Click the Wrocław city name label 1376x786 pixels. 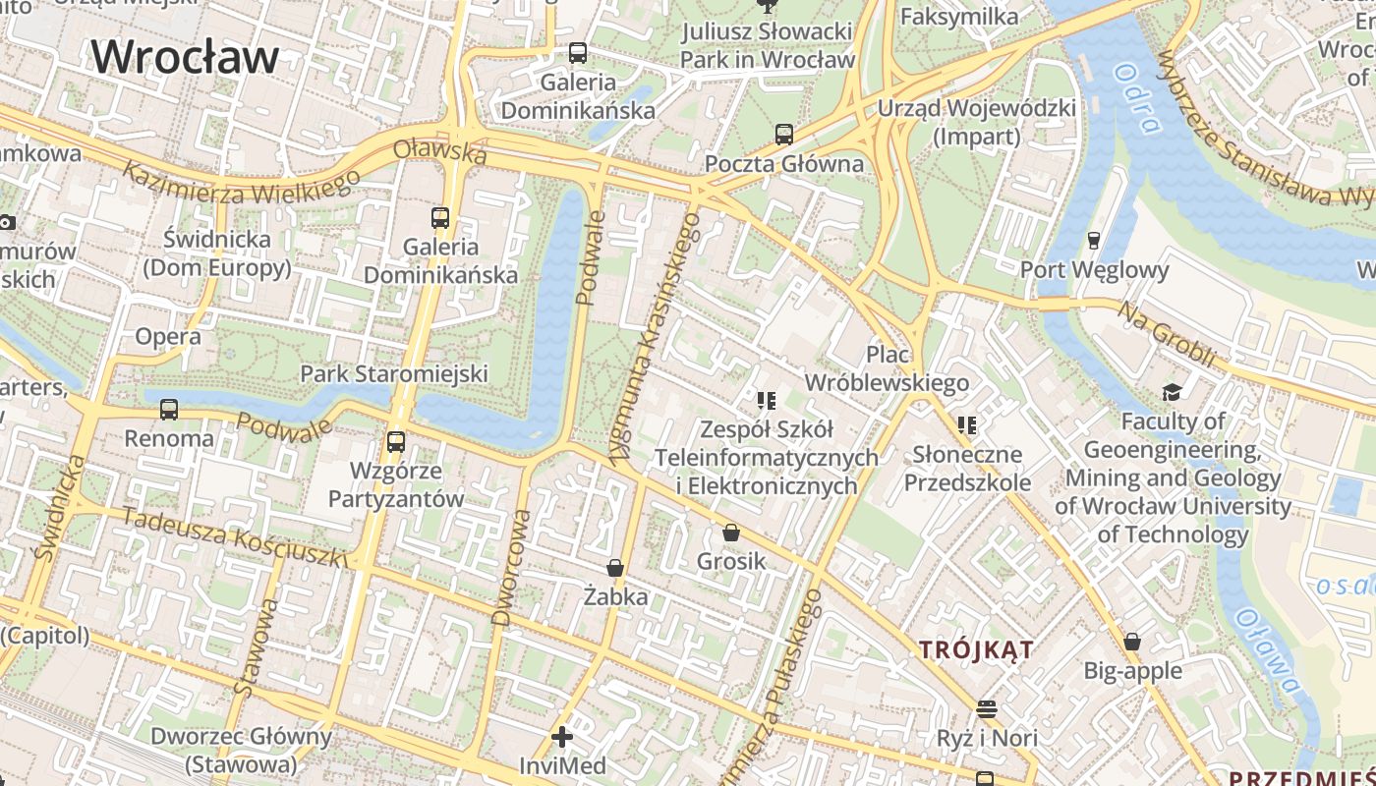(186, 56)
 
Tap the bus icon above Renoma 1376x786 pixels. (169, 409)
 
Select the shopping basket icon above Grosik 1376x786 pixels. (731, 533)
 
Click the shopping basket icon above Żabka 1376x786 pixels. (615, 568)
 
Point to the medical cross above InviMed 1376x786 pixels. (562, 736)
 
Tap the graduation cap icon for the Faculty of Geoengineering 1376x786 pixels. (1172, 393)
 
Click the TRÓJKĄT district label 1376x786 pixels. (976, 649)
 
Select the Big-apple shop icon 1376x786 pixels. (1132, 643)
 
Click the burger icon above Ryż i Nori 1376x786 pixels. (987, 708)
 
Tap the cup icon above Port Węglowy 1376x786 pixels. (1093, 241)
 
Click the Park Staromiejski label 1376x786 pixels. (393, 373)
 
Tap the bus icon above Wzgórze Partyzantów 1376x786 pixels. (396, 442)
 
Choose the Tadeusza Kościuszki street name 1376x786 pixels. (234, 538)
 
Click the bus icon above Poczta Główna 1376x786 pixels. (783, 135)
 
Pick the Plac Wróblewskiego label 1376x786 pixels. (887, 368)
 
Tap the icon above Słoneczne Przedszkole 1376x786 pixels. (967, 425)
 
